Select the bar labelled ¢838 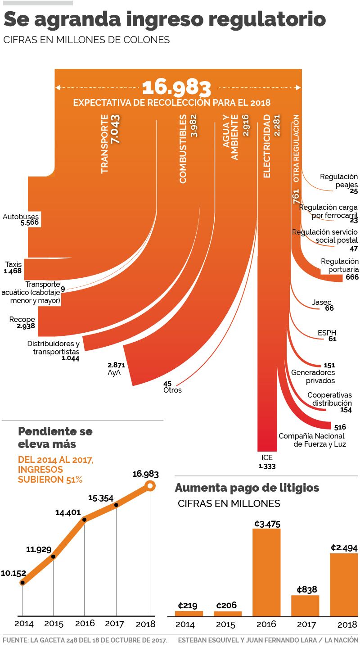(x=305, y=606)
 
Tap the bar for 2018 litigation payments (x=344, y=585)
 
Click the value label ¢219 (x=188, y=605)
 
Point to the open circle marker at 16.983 (x=150, y=486)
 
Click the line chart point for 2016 (x=85, y=520)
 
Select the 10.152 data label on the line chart (x=13, y=573)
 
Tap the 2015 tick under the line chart (x=54, y=624)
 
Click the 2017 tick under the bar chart (x=306, y=625)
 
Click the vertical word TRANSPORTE (x=104, y=144)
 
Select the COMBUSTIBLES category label (x=183, y=149)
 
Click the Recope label (x=22, y=320)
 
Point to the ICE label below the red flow (x=267, y=458)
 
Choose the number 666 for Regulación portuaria (x=352, y=277)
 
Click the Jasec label (x=322, y=302)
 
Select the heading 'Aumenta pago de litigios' (x=247, y=488)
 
